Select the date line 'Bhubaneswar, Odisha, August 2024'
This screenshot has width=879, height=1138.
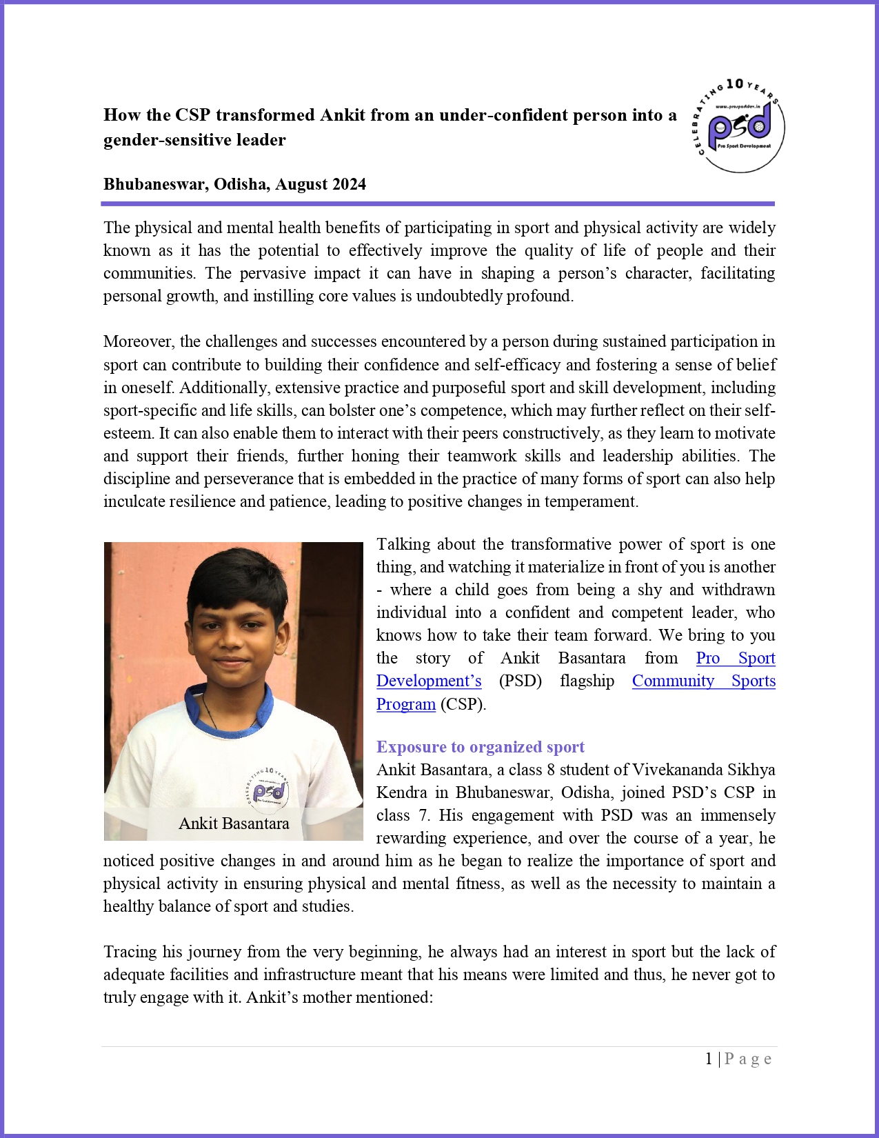(x=234, y=184)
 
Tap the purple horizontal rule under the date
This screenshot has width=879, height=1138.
(x=438, y=204)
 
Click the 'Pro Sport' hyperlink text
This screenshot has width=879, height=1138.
(x=735, y=658)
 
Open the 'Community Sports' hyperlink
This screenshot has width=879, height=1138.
(x=703, y=681)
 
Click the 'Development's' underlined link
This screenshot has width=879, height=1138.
(x=429, y=681)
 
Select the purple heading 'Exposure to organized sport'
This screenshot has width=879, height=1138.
(x=480, y=747)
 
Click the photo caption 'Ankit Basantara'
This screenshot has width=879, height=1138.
(x=234, y=823)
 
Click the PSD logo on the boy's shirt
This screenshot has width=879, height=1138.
(x=268, y=788)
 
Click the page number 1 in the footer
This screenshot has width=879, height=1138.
(x=709, y=1059)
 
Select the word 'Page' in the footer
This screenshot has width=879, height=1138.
(x=748, y=1059)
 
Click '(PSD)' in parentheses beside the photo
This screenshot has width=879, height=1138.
(x=520, y=681)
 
